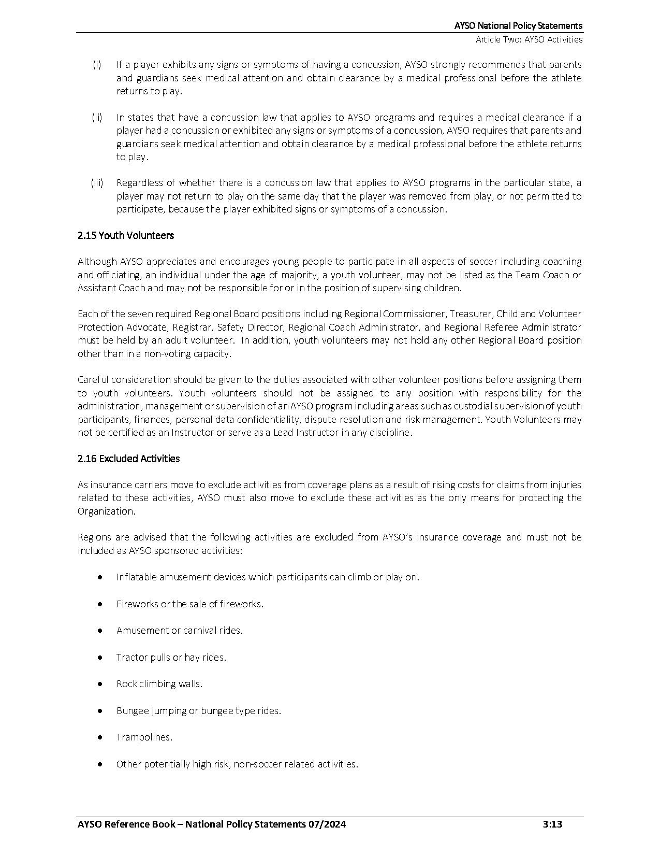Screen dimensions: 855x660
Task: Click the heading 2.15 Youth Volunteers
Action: [x=125, y=235]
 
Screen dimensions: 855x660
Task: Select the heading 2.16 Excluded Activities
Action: [x=128, y=459]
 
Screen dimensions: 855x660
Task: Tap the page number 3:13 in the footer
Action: [x=552, y=824]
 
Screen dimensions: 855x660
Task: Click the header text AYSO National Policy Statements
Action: [x=518, y=26]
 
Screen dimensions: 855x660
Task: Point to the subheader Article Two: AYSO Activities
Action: [x=529, y=39]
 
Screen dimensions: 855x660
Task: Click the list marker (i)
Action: [x=97, y=65]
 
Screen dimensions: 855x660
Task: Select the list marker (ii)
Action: [x=97, y=117]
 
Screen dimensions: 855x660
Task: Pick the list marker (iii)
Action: [x=97, y=183]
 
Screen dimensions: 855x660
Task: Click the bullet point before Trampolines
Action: [x=99, y=737]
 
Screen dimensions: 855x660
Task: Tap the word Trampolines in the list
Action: [x=144, y=737]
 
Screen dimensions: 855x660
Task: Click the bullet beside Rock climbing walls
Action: [x=99, y=684]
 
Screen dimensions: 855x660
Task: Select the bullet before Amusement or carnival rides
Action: [x=99, y=631]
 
